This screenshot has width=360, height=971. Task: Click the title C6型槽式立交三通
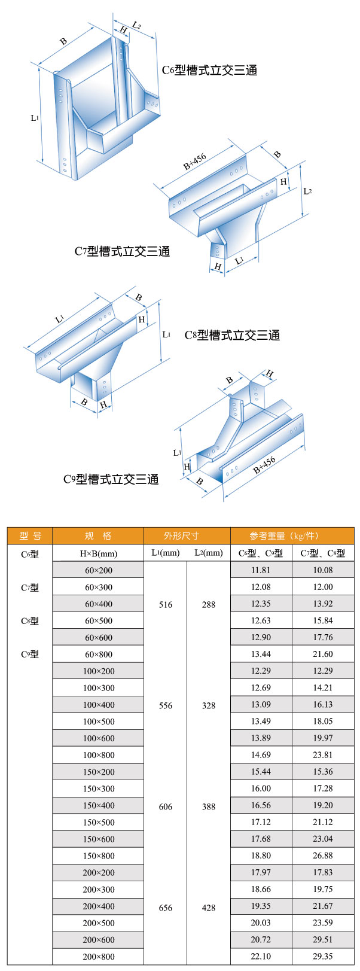[x=210, y=71]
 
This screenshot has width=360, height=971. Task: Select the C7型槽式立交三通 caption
[x=122, y=251]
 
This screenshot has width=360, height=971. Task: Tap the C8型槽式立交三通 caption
[x=232, y=335]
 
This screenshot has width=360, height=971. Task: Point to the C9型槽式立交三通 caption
[x=111, y=479]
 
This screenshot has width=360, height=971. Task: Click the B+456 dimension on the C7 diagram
[x=195, y=162]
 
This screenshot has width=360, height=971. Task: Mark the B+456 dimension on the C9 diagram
[x=264, y=465]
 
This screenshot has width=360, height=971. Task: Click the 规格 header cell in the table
[x=98, y=535]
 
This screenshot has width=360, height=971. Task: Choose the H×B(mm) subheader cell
[x=98, y=553]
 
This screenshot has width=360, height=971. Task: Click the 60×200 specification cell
[x=98, y=570]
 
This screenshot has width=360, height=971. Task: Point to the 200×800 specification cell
[x=98, y=957]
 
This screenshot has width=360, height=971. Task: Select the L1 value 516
[x=166, y=605]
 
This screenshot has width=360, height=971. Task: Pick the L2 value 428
[x=209, y=908]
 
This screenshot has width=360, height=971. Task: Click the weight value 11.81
[x=261, y=570]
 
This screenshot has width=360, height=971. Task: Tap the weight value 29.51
[x=323, y=940]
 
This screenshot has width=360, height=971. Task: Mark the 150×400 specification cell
[x=98, y=805]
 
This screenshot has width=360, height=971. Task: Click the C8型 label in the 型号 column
[x=30, y=621]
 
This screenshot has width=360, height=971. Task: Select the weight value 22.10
[x=261, y=957]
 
